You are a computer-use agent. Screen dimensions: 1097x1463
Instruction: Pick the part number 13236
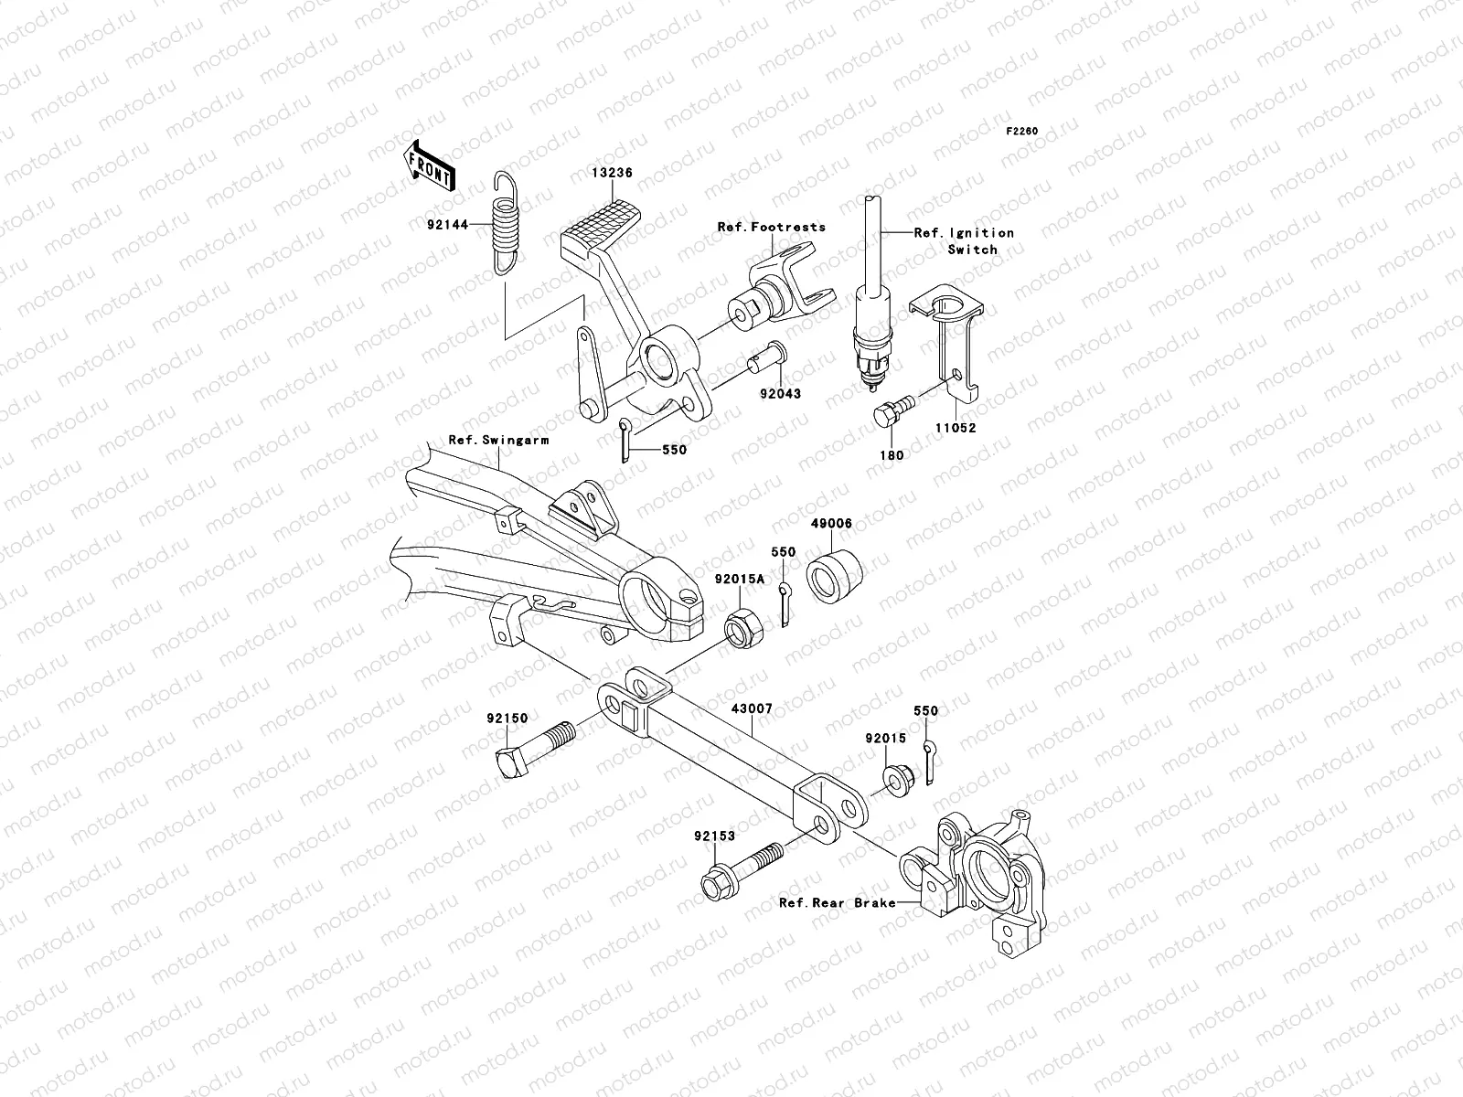coord(636,173)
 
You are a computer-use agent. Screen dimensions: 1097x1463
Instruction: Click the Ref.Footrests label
coord(771,227)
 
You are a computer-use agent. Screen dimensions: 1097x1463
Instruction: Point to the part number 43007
coord(752,708)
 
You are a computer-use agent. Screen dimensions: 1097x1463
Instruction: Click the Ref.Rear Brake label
coord(836,902)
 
